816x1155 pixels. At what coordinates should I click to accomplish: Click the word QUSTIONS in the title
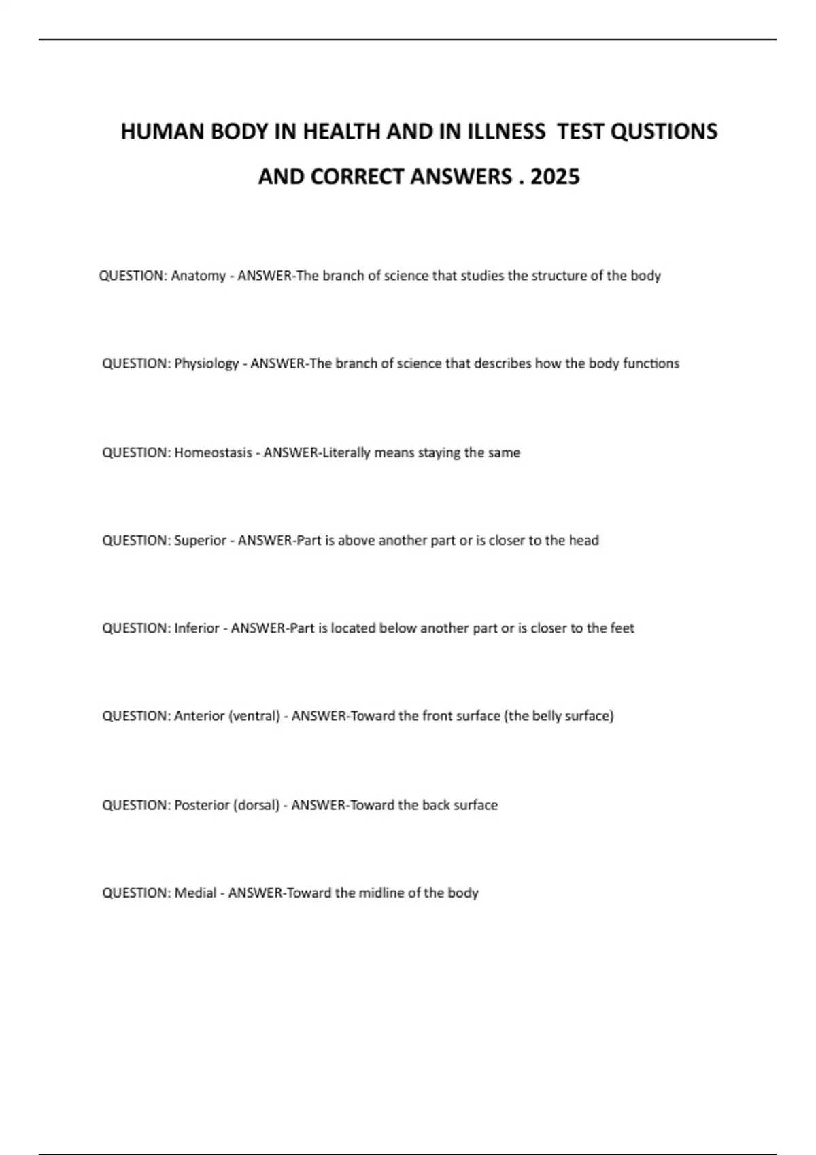point(664,131)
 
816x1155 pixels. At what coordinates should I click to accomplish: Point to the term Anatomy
point(198,276)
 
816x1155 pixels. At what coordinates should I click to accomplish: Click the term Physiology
point(207,363)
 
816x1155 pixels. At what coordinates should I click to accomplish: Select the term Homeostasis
point(213,452)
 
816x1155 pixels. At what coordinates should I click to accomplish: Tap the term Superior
point(200,541)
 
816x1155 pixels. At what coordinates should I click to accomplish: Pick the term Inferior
point(197,628)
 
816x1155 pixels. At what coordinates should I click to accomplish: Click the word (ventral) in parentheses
point(254,716)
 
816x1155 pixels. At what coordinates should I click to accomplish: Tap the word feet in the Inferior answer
point(622,628)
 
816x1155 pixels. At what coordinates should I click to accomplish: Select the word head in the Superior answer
point(583,541)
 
